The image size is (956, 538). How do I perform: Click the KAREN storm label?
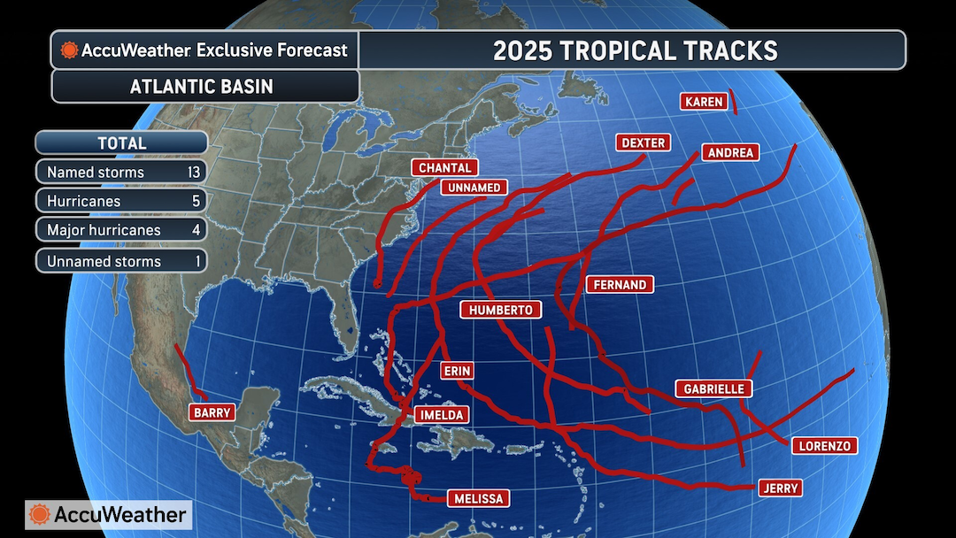pos(705,102)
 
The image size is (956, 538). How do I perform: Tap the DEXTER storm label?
pos(643,142)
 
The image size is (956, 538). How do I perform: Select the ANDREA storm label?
pos(731,153)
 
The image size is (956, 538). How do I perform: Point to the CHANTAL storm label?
pos(444,167)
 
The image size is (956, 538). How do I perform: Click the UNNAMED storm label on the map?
pos(474,188)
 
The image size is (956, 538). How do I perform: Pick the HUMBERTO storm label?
pos(501,310)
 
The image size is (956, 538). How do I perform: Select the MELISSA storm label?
pos(478,499)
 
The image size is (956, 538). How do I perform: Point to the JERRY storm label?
pos(780,488)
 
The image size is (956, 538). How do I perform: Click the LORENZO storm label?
pos(823,446)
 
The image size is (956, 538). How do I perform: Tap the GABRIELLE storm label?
pos(714,388)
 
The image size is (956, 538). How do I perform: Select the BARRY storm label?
pos(212,412)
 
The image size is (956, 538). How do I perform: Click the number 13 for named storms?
pos(194,173)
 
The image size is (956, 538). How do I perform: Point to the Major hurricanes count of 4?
pos(197,230)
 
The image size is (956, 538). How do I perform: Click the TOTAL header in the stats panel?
pos(121,142)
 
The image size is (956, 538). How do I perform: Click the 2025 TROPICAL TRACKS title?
pos(635,50)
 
